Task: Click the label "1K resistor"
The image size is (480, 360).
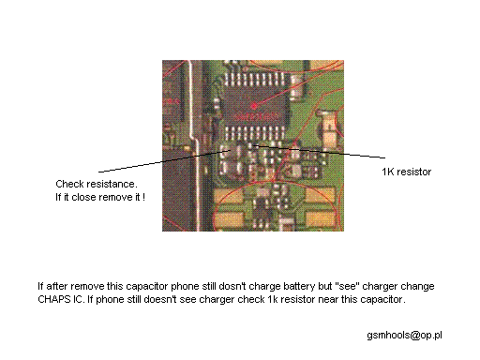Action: (407, 172)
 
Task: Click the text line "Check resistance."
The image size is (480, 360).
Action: (97, 184)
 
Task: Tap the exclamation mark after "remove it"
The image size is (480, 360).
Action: (143, 197)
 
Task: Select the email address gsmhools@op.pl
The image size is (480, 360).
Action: (404, 336)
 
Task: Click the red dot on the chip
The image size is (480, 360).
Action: (254, 106)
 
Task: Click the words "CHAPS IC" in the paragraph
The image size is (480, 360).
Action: (60, 299)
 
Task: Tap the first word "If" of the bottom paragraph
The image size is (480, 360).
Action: (40, 286)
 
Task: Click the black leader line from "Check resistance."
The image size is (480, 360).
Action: (165, 161)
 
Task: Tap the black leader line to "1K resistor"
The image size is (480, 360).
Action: (318, 152)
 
